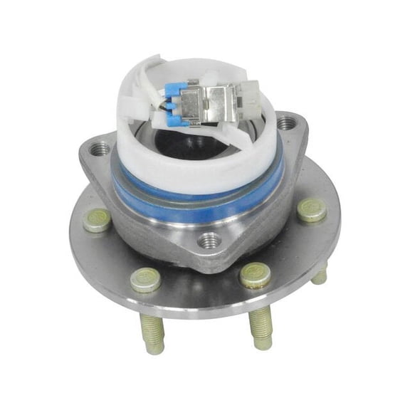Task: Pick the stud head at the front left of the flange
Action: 145,279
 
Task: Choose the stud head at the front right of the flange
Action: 255,275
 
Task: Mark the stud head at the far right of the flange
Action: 312,209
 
